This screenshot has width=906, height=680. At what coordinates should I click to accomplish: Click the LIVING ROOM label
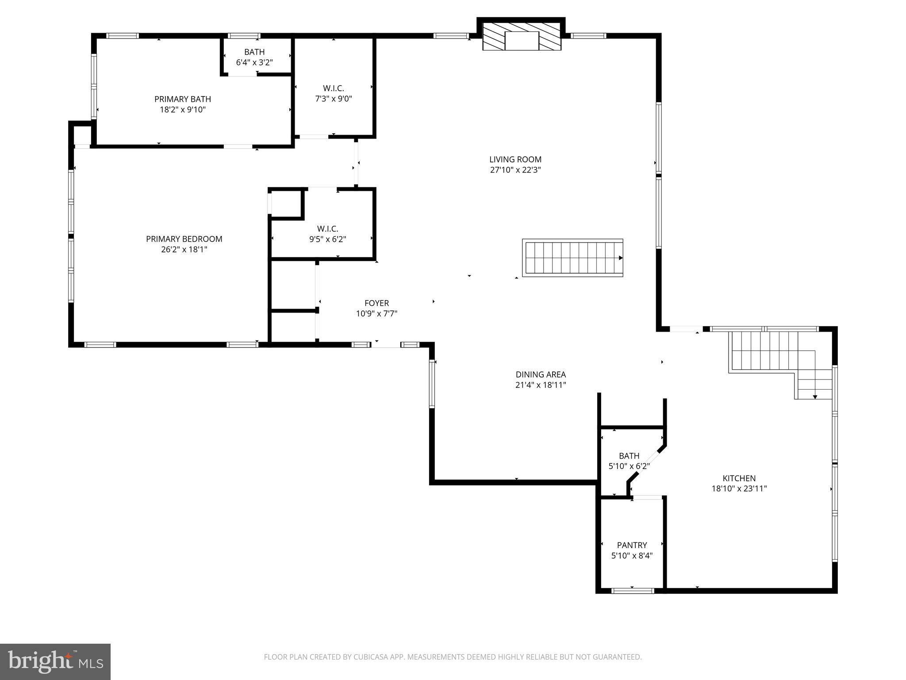click(x=515, y=159)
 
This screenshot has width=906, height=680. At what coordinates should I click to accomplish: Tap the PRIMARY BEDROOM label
click(x=184, y=239)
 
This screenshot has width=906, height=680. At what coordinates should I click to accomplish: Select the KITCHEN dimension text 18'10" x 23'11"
click(x=739, y=489)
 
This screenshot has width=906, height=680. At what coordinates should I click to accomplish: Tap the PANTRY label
click(x=632, y=545)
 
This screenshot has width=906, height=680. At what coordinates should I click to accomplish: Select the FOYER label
click(x=376, y=303)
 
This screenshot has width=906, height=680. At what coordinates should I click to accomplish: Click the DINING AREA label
click(x=541, y=375)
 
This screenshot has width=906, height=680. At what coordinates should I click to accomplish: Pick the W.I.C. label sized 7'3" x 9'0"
click(x=333, y=89)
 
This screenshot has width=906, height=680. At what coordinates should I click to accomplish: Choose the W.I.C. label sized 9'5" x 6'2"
click(x=327, y=229)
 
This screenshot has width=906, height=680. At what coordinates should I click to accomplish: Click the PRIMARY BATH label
click(x=183, y=99)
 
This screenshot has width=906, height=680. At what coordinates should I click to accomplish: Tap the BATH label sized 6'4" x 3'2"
click(x=254, y=52)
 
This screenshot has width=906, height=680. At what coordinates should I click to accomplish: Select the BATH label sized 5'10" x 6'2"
click(x=629, y=456)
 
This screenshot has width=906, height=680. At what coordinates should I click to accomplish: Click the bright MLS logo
click(x=55, y=662)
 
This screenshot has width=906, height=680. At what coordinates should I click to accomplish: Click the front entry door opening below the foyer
click(x=386, y=345)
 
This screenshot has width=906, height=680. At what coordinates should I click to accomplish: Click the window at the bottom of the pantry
click(x=632, y=590)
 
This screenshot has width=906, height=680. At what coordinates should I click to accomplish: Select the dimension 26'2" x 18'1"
click(x=184, y=250)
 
